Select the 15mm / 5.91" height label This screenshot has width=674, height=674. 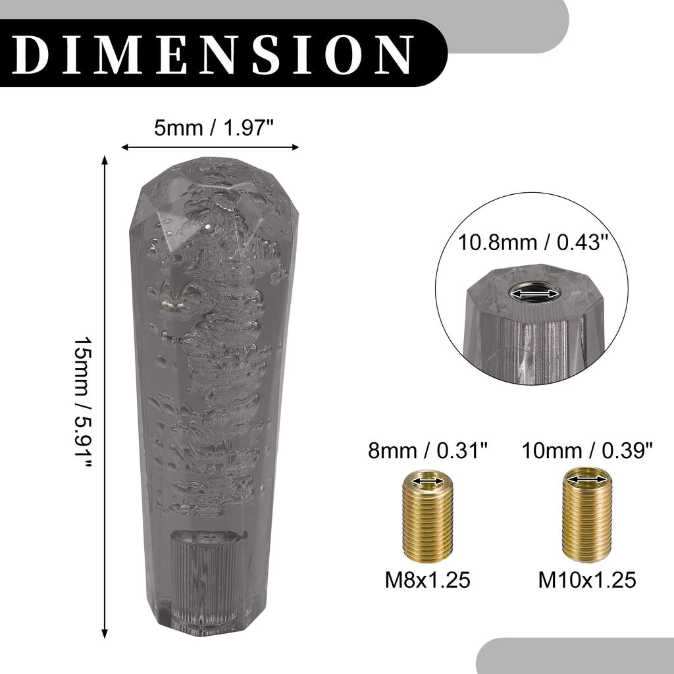pos(82,402)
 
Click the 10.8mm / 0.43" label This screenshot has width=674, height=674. pos(532,243)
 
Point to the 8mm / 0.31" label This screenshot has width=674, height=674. pos(428,451)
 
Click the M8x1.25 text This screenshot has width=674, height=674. pos(428,581)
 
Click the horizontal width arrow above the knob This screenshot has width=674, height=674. pos(210,147)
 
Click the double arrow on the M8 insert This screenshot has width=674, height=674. pos(427,483)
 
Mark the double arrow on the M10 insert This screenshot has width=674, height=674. pos(586,480)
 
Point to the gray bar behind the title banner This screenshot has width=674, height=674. pos(507,26)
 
